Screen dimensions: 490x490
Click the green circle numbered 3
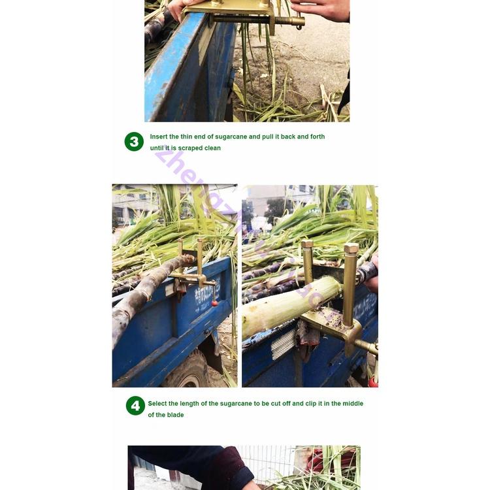(134, 142)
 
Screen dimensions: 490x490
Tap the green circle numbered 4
(135, 406)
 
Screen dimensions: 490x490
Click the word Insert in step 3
(159, 137)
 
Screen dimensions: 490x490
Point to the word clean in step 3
(212, 148)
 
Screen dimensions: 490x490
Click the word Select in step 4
(157, 404)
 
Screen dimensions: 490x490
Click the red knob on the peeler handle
(214, 302)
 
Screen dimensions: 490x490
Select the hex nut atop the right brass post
(351, 249)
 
